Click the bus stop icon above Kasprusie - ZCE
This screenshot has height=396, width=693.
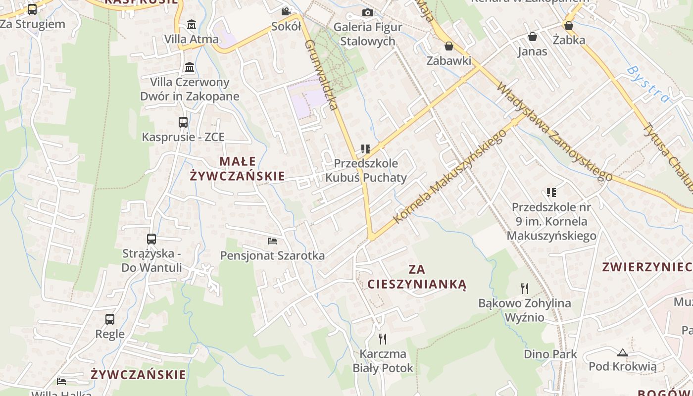(x=183, y=122)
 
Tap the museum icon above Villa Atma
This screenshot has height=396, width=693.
(x=192, y=24)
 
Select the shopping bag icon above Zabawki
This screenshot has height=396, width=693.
(x=449, y=46)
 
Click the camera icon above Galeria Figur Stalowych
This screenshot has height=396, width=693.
(x=368, y=12)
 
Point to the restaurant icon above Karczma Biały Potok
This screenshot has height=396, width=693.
(x=383, y=339)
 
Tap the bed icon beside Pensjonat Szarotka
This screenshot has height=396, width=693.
(x=272, y=241)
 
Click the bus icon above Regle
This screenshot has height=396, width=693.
(x=110, y=319)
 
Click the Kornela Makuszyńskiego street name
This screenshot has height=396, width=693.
(x=450, y=176)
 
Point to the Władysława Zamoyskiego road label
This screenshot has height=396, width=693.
(x=554, y=131)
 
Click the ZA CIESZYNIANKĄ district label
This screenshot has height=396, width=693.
(x=417, y=277)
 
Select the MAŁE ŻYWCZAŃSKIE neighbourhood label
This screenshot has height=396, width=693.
(x=238, y=168)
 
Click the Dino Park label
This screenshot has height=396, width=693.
(x=550, y=354)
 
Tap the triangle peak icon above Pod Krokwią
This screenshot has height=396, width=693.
(x=623, y=352)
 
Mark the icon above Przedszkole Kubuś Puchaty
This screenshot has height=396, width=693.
(x=366, y=148)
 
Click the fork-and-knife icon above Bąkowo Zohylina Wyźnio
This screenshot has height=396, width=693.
(x=525, y=288)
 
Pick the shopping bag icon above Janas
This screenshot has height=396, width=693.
(x=533, y=37)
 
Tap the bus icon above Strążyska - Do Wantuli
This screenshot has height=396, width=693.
(x=151, y=239)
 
